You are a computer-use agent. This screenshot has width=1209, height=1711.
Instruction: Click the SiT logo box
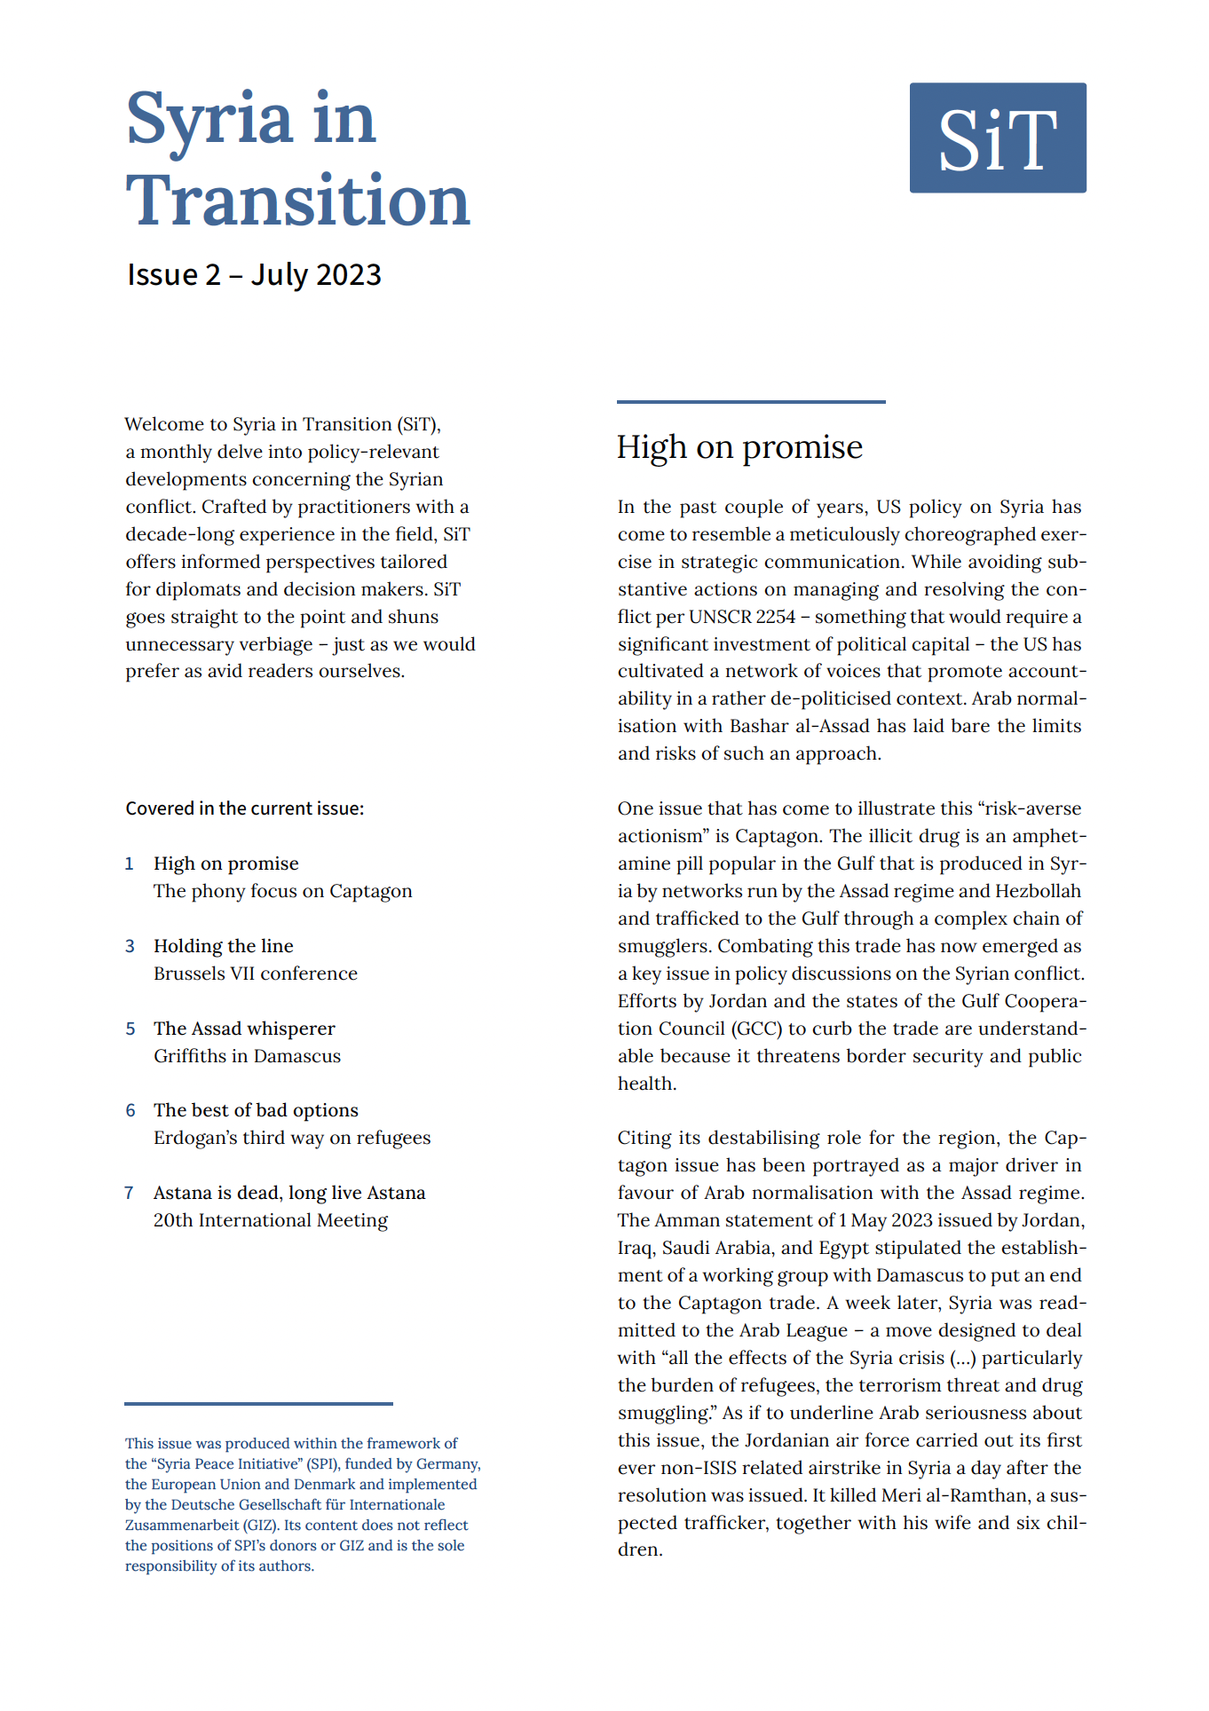pyautogui.click(x=997, y=138)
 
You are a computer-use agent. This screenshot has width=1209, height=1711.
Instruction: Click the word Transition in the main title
pyautogui.click(x=297, y=201)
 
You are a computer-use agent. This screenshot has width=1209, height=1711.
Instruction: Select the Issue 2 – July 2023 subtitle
pyautogui.click(x=254, y=275)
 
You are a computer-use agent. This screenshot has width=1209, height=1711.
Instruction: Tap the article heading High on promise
pyautogui.click(x=739, y=447)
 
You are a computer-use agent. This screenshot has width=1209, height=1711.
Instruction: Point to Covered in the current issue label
pyautogui.click(x=244, y=808)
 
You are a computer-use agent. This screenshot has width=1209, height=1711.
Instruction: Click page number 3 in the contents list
pyautogui.click(x=130, y=946)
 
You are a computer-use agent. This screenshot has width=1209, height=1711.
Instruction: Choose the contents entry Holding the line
pyautogui.click(x=223, y=946)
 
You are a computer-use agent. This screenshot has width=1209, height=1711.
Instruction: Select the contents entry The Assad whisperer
pyautogui.click(x=244, y=1029)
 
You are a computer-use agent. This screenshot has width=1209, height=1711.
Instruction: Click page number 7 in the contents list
pyautogui.click(x=130, y=1193)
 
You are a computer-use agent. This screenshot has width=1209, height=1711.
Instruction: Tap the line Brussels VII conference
pyautogui.click(x=255, y=974)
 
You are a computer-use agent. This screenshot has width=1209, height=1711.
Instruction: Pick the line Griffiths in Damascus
pyautogui.click(x=247, y=1056)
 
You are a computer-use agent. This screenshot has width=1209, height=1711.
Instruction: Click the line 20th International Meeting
pyautogui.click(x=270, y=1220)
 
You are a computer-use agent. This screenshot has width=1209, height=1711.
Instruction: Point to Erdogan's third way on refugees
pyautogui.click(x=291, y=1138)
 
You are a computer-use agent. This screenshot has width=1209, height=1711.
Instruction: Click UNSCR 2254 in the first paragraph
pyautogui.click(x=741, y=617)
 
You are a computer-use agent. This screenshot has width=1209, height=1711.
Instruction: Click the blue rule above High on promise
pyautogui.click(x=751, y=402)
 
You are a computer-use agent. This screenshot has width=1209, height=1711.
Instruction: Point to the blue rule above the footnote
pyautogui.click(x=258, y=1404)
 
